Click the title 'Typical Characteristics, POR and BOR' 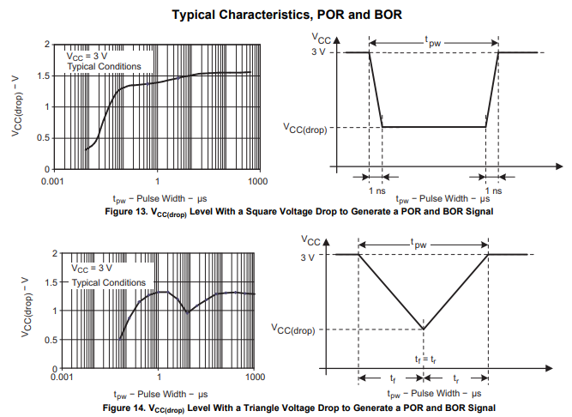tap(286, 15)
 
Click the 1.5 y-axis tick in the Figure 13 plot tap(43, 76)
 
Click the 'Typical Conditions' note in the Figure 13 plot tap(104, 67)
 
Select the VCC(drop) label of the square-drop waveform tap(306, 129)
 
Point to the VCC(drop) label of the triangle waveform tap(294, 329)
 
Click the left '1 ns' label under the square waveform tap(376, 190)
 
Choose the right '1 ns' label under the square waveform tap(492, 190)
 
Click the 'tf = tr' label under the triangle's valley tap(424, 357)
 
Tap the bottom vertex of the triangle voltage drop tap(424, 328)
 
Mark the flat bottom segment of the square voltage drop tap(434, 128)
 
